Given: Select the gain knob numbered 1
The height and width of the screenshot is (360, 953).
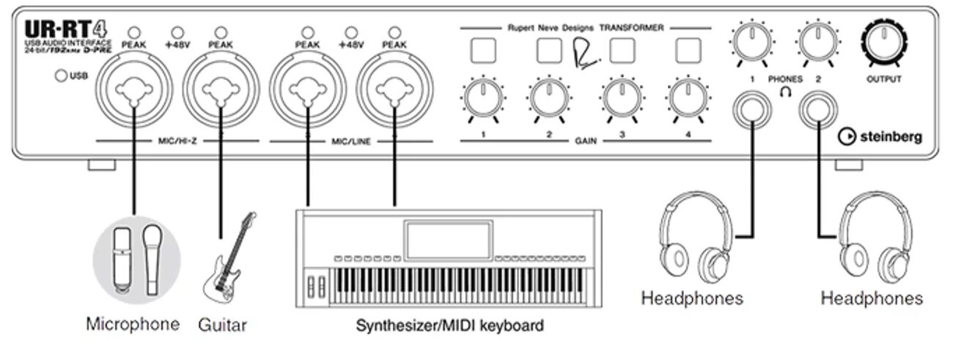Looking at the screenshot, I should pos(483,96).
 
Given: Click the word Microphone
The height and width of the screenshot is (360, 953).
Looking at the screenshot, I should pos(132,323).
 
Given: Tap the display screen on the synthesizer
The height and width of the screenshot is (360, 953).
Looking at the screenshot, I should pos(446,240).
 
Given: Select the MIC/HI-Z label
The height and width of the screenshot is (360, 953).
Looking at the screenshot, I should pos(175,139).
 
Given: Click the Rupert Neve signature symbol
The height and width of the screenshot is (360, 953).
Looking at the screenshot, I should pos(584,52).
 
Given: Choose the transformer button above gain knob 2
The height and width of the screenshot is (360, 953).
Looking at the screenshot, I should pos(550,50).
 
